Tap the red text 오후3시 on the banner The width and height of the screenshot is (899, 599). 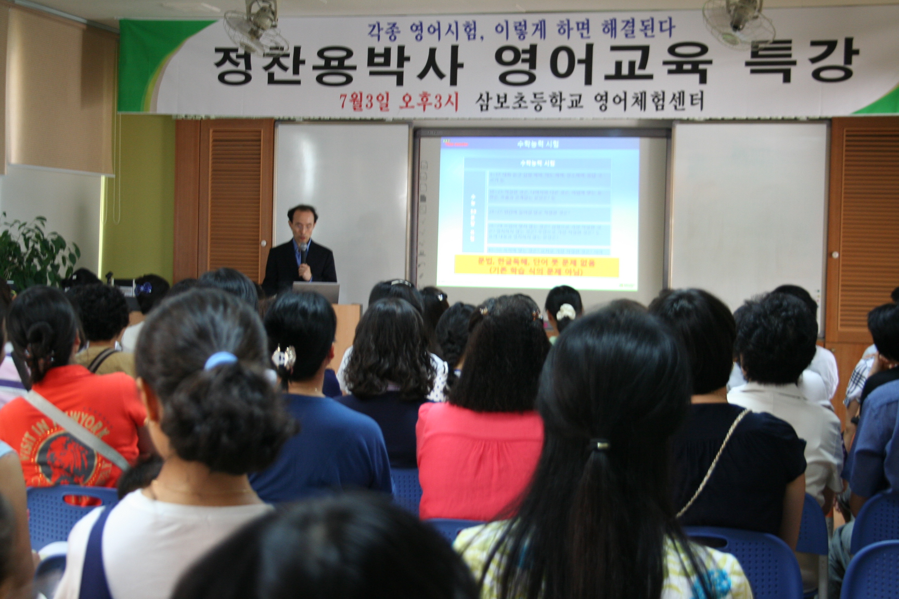pyautogui.click(x=428, y=101)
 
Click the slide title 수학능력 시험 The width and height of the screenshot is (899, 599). pyautogui.click(x=539, y=143)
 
